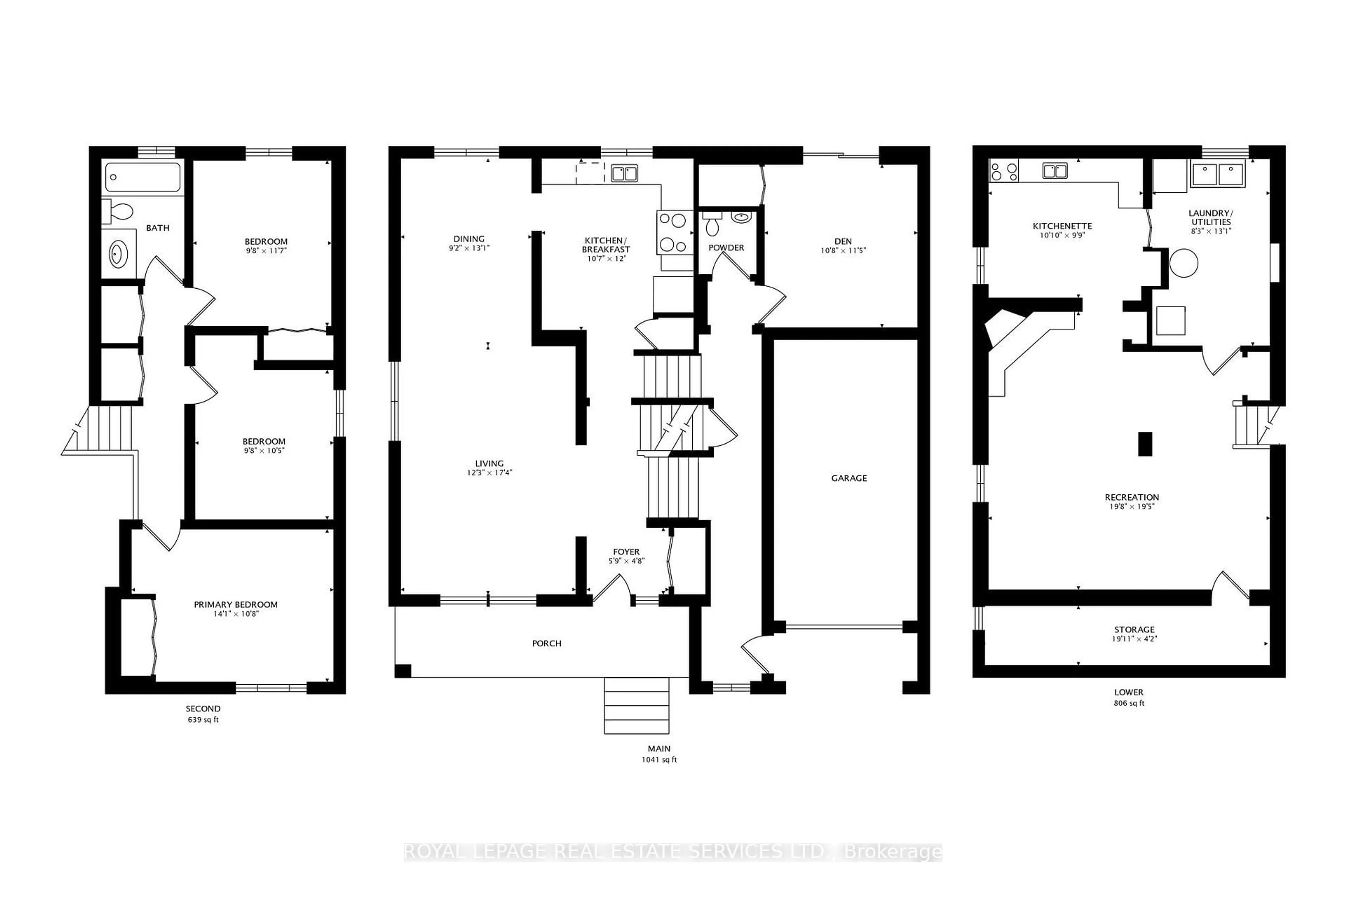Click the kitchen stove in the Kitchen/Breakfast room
[674, 233]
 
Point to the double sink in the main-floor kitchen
[624, 173]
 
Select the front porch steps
[637, 705]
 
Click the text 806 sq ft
[1129, 703]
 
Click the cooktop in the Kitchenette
[1004, 171]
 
